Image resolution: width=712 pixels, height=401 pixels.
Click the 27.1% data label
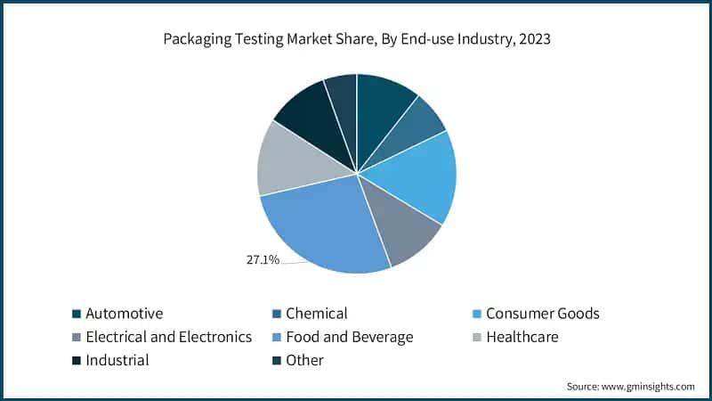click(263, 260)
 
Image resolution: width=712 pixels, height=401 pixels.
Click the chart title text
click(356, 39)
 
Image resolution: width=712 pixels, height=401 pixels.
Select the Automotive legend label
click(125, 314)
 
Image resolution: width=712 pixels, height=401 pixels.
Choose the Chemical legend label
click(317, 314)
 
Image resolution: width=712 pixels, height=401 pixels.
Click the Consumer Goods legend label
click(543, 314)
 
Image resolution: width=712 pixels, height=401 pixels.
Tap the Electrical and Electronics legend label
click(168, 337)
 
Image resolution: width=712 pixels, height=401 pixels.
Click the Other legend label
click(305, 360)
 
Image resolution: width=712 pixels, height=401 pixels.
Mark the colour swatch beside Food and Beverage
click(278, 338)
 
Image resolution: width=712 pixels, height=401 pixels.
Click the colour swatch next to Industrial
click(77, 361)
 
